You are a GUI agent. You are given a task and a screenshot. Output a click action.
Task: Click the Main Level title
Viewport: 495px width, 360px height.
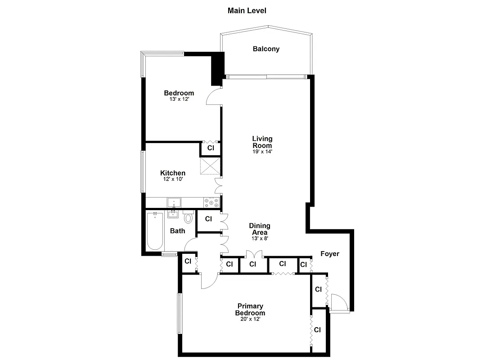coord(247,10)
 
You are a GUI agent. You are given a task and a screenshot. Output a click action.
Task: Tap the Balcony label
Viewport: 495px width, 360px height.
coord(266,49)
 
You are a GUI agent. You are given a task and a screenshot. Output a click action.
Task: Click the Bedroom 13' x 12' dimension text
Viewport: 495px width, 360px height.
coord(179,99)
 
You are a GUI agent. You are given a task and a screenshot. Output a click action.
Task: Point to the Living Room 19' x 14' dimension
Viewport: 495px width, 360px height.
coord(262,152)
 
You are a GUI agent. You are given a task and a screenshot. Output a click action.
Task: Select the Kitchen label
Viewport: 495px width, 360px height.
coord(173,173)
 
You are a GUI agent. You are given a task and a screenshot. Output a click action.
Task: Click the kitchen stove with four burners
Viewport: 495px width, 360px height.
coord(211,202)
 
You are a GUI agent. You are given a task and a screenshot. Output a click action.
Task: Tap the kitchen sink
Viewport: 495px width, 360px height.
coord(174,202)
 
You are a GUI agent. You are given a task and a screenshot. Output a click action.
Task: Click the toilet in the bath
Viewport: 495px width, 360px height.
coord(188,217)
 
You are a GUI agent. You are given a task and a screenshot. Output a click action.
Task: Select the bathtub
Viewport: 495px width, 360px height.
coord(154,231)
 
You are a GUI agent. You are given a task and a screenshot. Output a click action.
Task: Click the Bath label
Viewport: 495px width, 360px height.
coord(177,231)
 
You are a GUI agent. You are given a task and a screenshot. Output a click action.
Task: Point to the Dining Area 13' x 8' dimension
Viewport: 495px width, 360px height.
coord(260,238)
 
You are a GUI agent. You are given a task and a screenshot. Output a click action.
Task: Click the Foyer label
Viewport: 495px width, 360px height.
coord(329,254)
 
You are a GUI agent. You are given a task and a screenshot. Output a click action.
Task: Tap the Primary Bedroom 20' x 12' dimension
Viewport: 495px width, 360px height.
coord(250,319)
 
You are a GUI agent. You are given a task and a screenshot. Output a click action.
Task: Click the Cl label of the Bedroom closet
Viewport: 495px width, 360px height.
coord(210,148)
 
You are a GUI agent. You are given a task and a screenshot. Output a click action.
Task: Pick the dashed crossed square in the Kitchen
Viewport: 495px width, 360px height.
coord(210,166)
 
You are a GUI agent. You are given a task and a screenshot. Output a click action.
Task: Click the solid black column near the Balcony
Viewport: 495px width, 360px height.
coord(217,68)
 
